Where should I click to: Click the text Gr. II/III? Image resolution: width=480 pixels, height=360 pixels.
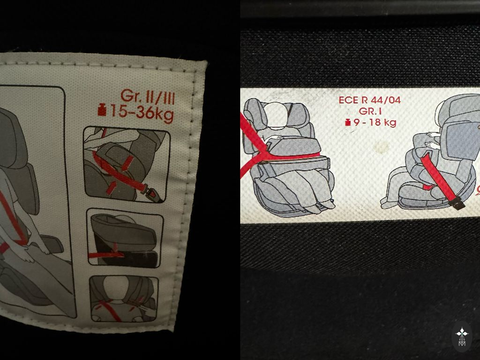tap(148, 97)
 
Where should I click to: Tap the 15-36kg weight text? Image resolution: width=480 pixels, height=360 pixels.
tap(142, 112)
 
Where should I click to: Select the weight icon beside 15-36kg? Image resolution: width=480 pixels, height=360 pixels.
tap(102, 110)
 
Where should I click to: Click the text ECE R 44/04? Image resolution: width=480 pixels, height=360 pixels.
tap(369, 100)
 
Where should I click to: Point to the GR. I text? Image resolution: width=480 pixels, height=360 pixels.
tap(370, 111)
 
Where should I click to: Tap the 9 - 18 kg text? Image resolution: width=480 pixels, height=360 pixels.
tap(375, 122)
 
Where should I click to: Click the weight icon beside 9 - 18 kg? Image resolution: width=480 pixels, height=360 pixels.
tap(348, 122)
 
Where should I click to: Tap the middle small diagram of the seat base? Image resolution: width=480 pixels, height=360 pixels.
tap(124, 239)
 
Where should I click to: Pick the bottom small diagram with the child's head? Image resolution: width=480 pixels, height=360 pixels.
tap(124, 299)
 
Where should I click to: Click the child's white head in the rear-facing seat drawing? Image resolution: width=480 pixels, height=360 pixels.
tap(277, 115)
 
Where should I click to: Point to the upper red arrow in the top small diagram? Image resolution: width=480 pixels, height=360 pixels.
tap(127, 163)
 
